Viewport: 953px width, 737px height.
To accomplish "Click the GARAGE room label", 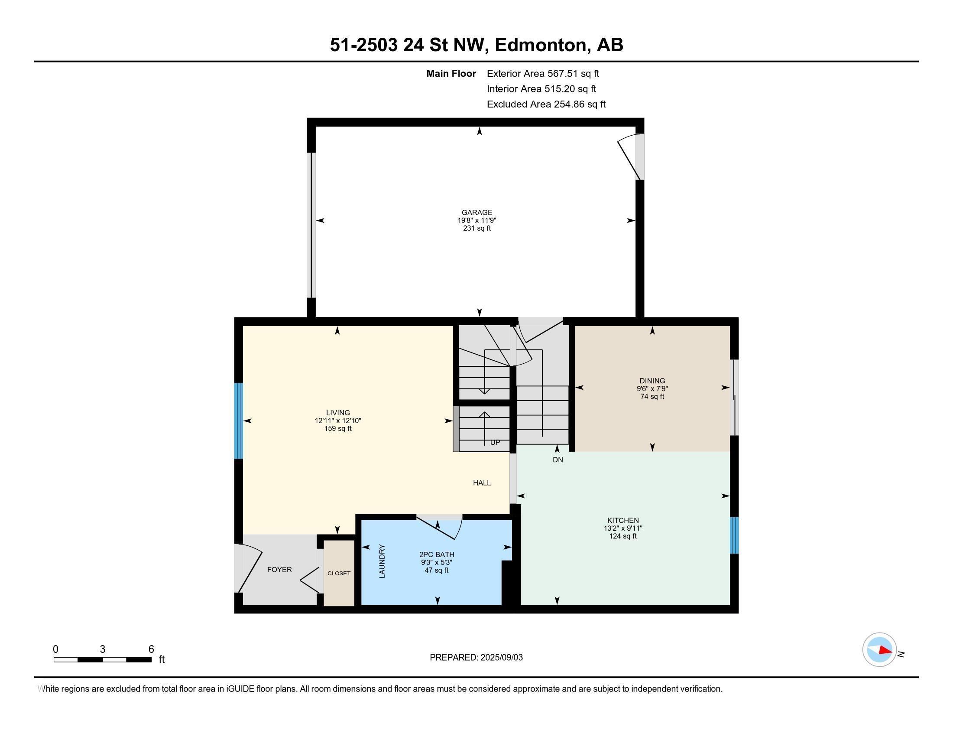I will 477,212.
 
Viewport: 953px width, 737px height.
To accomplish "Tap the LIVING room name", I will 338,413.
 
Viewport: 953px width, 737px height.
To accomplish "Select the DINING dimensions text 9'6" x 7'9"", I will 652,388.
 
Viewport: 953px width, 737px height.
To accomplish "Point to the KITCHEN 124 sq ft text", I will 622,536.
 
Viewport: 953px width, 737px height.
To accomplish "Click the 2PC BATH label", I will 436,554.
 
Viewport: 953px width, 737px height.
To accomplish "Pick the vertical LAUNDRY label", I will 382,561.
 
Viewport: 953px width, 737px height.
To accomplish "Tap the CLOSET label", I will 339,573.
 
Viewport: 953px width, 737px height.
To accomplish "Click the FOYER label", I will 279,569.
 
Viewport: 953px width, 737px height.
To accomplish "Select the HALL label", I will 482,483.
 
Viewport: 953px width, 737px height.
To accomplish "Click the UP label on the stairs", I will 495,442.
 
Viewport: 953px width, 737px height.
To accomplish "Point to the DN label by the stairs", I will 558,460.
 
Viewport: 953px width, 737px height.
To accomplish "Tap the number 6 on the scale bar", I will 151,649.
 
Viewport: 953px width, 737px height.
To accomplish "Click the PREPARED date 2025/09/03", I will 501,658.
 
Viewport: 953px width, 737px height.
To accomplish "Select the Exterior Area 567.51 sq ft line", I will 543,74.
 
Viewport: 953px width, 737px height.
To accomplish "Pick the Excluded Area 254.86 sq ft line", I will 546,104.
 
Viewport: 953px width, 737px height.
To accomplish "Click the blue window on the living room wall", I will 238,421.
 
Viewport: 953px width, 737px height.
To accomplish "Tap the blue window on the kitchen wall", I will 734,535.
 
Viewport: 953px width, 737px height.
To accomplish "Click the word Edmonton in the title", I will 540,45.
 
